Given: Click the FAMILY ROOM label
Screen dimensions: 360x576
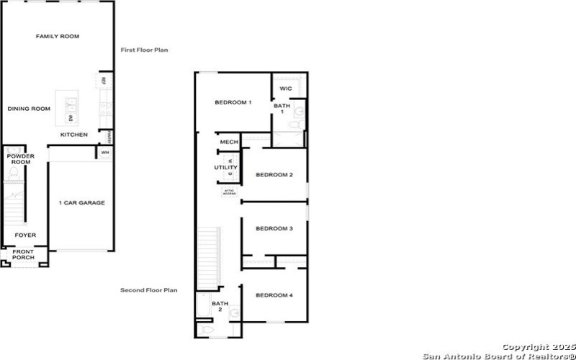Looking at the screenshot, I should [x=58, y=36].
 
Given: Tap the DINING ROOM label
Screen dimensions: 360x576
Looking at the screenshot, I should [x=29, y=109].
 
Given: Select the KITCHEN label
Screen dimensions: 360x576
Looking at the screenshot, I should [x=74, y=135].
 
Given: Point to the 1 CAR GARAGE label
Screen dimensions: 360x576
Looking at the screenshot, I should [x=81, y=203].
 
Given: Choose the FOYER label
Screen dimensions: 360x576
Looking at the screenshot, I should [x=26, y=235].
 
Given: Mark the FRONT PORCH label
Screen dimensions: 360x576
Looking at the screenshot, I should [x=23, y=255].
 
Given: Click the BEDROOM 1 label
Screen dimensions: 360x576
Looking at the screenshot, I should [x=233, y=102].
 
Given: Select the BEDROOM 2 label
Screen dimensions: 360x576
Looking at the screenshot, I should [x=274, y=175].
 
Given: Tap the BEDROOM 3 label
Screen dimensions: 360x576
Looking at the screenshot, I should [x=274, y=228].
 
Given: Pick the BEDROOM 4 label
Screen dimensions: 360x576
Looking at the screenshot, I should [x=274, y=295].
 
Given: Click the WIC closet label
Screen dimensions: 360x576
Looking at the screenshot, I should [x=285, y=89].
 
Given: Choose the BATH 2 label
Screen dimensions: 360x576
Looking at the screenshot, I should [x=219, y=307].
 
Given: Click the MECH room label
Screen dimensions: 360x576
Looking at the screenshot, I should [x=230, y=142].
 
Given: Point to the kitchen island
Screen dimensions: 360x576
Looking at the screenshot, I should [x=71, y=107].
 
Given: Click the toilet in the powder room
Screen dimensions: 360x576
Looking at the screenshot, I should [x=14, y=174].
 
